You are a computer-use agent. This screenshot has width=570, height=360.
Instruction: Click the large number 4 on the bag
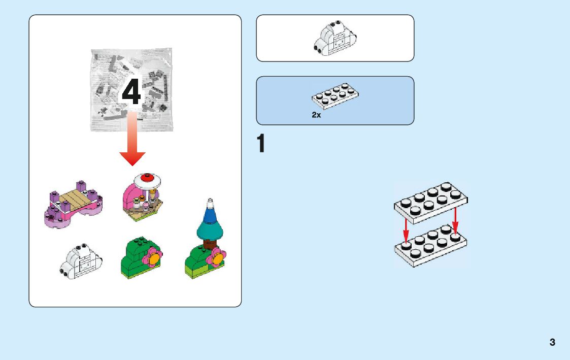click(x=131, y=93)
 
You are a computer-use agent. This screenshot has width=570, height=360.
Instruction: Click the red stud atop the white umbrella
click(x=148, y=178)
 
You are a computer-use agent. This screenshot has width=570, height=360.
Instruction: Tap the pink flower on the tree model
click(x=217, y=258)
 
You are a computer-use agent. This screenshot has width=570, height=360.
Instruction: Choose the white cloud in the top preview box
click(x=334, y=38)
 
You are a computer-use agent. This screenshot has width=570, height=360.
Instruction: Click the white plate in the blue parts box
click(x=335, y=96)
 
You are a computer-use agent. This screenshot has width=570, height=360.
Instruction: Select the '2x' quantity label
click(x=316, y=115)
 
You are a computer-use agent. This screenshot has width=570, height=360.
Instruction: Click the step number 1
click(x=261, y=144)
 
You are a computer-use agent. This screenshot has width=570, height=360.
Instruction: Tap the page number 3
click(x=552, y=342)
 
